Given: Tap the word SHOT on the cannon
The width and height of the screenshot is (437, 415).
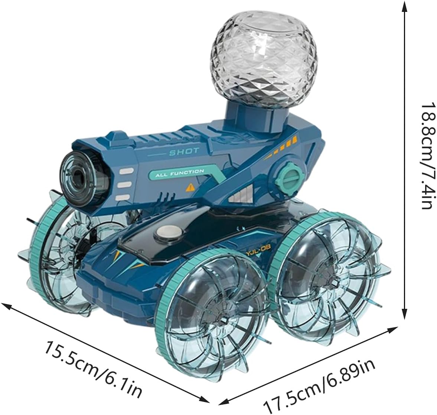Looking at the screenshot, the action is [x=185, y=152].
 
